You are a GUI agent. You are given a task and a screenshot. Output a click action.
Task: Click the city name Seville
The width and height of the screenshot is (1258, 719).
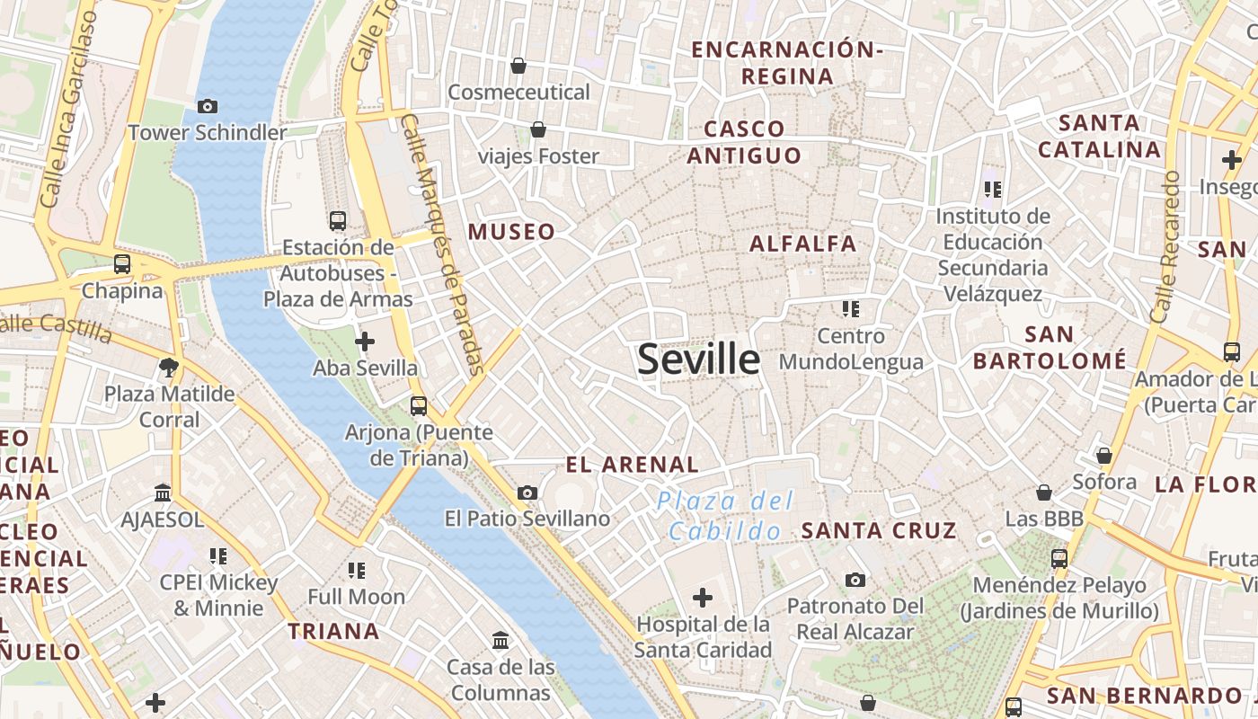[x=698, y=359]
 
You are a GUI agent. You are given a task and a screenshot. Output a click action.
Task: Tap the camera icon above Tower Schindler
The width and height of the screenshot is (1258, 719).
[x=208, y=107]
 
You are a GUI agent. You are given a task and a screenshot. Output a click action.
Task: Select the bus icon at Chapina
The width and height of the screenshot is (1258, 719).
[x=122, y=264]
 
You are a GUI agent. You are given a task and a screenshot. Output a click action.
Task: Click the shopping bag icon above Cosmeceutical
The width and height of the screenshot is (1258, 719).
[x=518, y=66]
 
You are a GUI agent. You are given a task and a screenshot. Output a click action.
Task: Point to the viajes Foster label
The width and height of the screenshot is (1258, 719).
[x=538, y=156]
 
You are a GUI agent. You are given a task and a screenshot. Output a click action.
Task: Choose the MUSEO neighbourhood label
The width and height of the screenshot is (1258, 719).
[x=511, y=232]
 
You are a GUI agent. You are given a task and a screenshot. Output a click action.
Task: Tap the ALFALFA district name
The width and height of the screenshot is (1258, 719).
[x=802, y=244]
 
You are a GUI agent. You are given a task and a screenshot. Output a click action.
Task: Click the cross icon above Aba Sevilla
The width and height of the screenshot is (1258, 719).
[x=365, y=342]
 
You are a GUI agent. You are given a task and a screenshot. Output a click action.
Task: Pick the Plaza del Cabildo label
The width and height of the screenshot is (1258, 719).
[x=725, y=515]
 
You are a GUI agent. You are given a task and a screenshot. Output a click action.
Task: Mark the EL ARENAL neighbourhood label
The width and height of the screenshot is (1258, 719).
[x=632, y=465]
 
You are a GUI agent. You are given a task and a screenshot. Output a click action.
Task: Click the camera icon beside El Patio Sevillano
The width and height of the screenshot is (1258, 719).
[x=527, y=493]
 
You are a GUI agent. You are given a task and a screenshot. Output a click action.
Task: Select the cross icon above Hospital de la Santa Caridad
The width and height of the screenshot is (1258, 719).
[x=703, y=597]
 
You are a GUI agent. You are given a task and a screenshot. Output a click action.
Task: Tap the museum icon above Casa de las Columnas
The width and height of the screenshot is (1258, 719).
[x=501, y=641]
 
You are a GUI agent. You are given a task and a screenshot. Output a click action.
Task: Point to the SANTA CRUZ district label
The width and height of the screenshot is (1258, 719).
[x=878, y=530]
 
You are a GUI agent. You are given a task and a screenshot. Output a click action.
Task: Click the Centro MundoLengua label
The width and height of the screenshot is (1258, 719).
[x=851, y=349]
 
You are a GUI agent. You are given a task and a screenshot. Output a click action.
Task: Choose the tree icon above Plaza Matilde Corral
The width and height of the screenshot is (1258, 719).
[x=168, y=367]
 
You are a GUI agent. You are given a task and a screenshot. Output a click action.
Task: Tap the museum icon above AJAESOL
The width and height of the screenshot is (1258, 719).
[x=163, y=493]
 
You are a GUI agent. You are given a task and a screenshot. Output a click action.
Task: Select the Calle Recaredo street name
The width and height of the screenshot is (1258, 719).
[x=1165, y=247]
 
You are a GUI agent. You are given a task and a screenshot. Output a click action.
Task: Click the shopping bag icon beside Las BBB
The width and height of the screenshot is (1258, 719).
[x=1044, y=493]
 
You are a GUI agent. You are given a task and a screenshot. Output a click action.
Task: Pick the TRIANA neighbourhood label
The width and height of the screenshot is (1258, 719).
[x=333, y=631]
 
